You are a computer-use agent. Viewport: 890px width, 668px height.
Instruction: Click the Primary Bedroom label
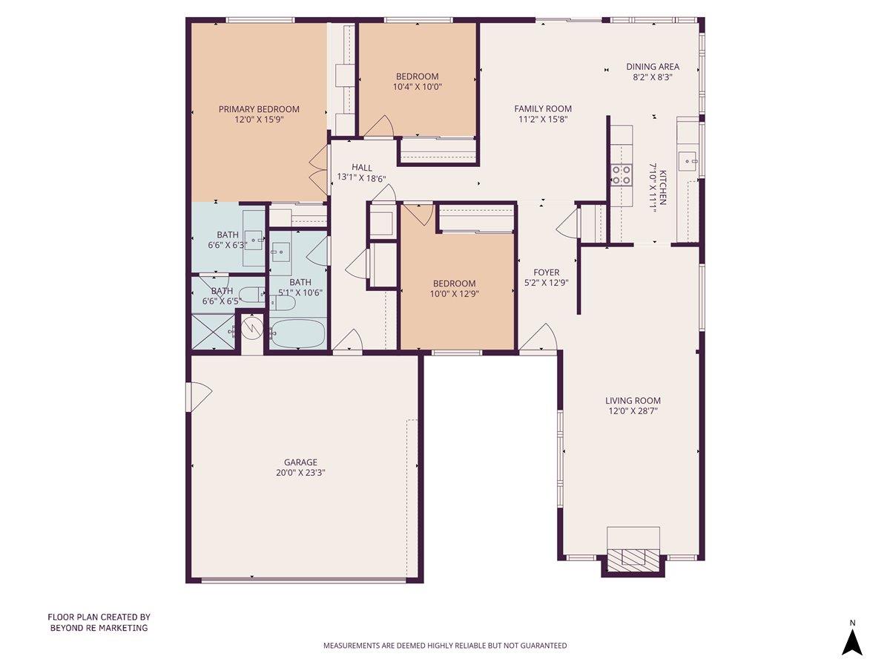259,109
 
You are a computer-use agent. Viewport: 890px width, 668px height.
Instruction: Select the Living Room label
633,401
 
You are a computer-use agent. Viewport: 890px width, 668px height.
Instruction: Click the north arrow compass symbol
852,641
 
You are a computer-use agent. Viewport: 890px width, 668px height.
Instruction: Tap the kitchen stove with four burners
621,174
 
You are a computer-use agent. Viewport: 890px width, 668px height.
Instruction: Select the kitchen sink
689,158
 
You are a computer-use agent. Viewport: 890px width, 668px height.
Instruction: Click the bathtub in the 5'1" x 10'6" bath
297,333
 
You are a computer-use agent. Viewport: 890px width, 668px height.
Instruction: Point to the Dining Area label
653,66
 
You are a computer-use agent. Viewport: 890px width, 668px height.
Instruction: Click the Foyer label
547,272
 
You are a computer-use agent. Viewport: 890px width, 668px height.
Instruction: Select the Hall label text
362,168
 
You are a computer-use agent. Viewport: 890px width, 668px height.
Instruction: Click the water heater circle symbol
253,327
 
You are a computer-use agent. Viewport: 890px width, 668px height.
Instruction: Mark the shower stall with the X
212,331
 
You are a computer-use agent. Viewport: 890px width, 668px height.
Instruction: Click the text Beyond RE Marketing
99,628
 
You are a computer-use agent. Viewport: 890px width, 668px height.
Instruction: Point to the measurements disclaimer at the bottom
444,646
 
